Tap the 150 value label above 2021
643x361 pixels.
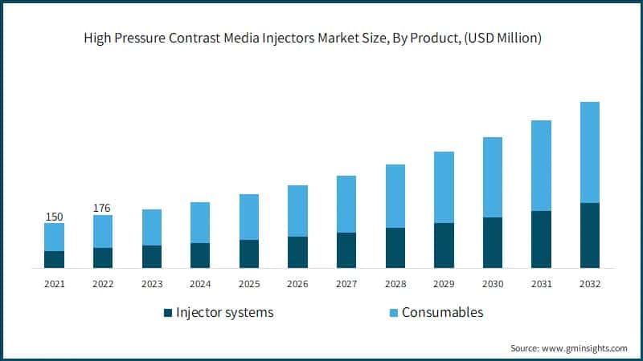(x=54, y=217)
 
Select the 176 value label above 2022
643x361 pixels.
(x=102, y=209)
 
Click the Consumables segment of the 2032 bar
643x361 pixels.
(x=589, y=152)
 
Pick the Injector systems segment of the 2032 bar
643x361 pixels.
(x=589, y=235)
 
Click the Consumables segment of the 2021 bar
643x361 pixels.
(x=54, y=237)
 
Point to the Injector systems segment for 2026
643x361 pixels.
(x=297, y=252)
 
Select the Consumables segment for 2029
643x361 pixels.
(x=444, y=187)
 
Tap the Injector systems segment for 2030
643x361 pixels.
(x=492, y=242)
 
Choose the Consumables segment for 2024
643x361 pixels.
(x=200, y=222)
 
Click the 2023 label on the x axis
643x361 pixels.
(x=151, y=283)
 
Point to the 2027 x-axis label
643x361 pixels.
(x=346, y=283)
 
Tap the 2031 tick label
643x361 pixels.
(x=540, y=283)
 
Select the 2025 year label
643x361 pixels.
(x=248, y=283)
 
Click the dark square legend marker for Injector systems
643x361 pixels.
(x=167, y=313)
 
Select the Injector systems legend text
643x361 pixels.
(x=224, y=313)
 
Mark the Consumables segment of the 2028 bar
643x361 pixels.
(x=395, y=196)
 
